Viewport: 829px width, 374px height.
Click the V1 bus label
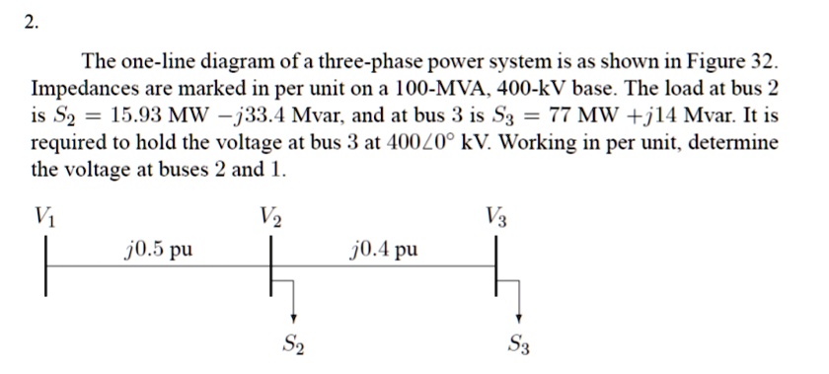(x=44, y=214)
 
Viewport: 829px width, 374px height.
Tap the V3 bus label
(x=498, y=214)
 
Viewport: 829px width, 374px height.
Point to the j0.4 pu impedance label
(x=385, y=248)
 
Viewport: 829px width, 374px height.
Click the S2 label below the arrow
(x=293, y=344)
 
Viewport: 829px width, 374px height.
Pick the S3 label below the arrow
(x=520, y=344)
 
